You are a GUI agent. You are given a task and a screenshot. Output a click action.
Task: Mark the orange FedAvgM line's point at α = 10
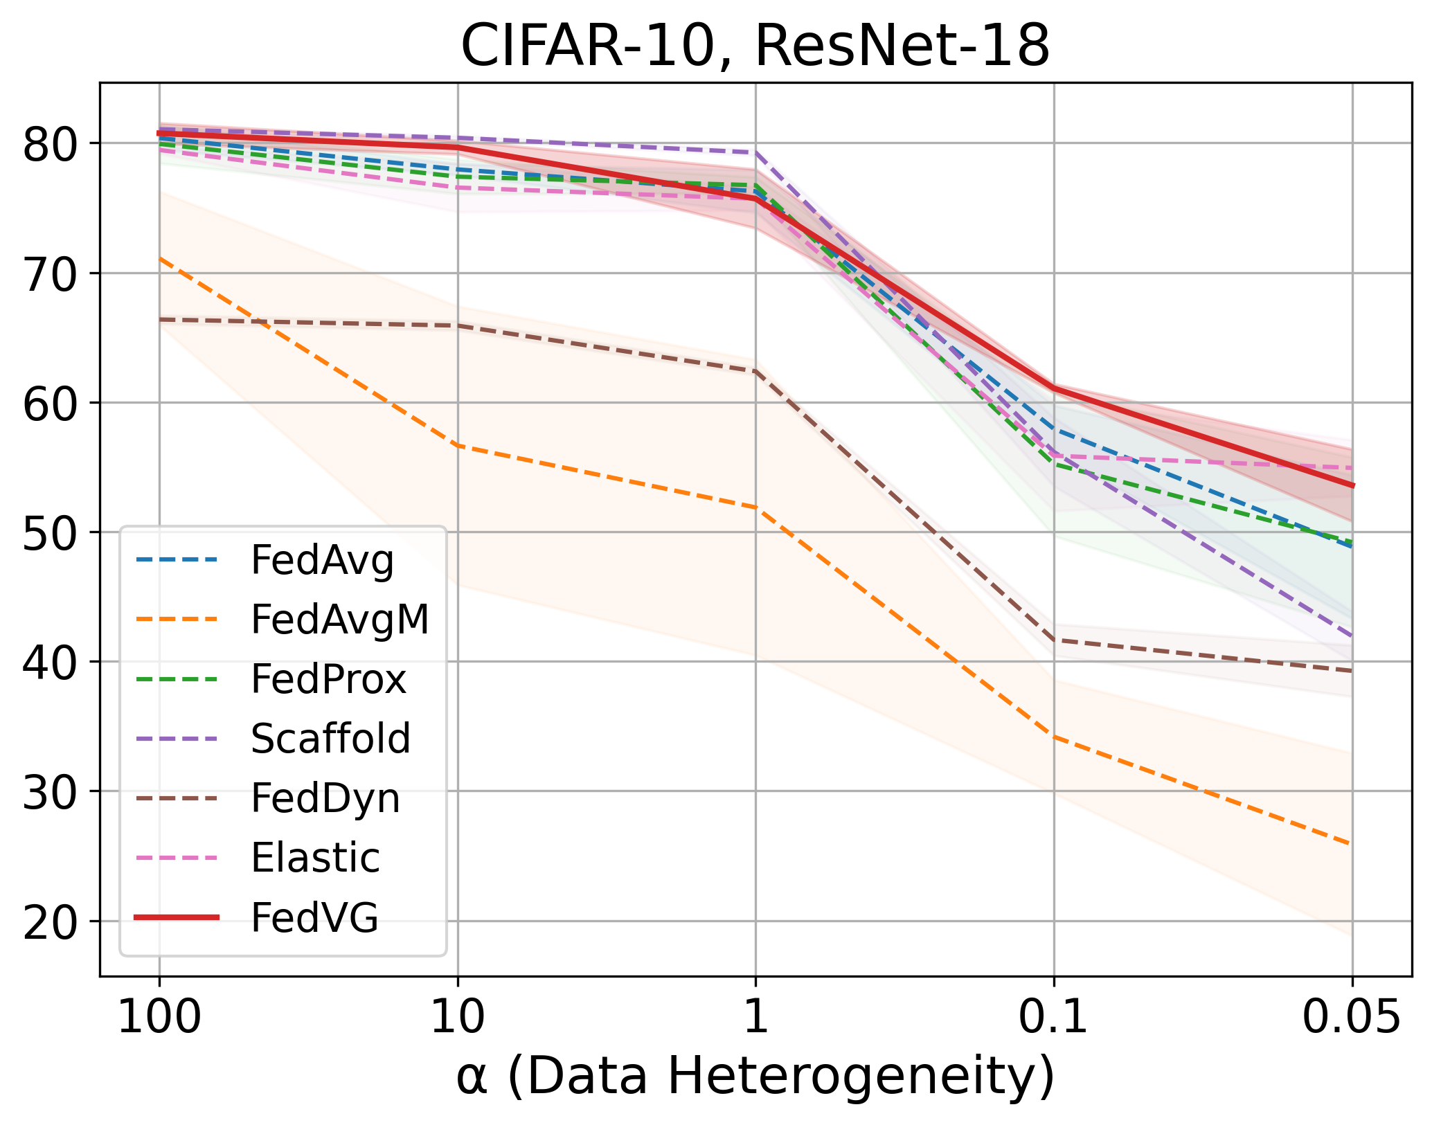458,446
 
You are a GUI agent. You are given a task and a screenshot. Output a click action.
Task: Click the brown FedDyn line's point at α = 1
755,371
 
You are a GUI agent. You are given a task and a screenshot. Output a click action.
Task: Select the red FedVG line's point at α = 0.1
1053,388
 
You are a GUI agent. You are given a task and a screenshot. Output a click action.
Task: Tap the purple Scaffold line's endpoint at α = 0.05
1352,636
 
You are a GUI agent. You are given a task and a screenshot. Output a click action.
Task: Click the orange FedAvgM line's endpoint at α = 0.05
1352,845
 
